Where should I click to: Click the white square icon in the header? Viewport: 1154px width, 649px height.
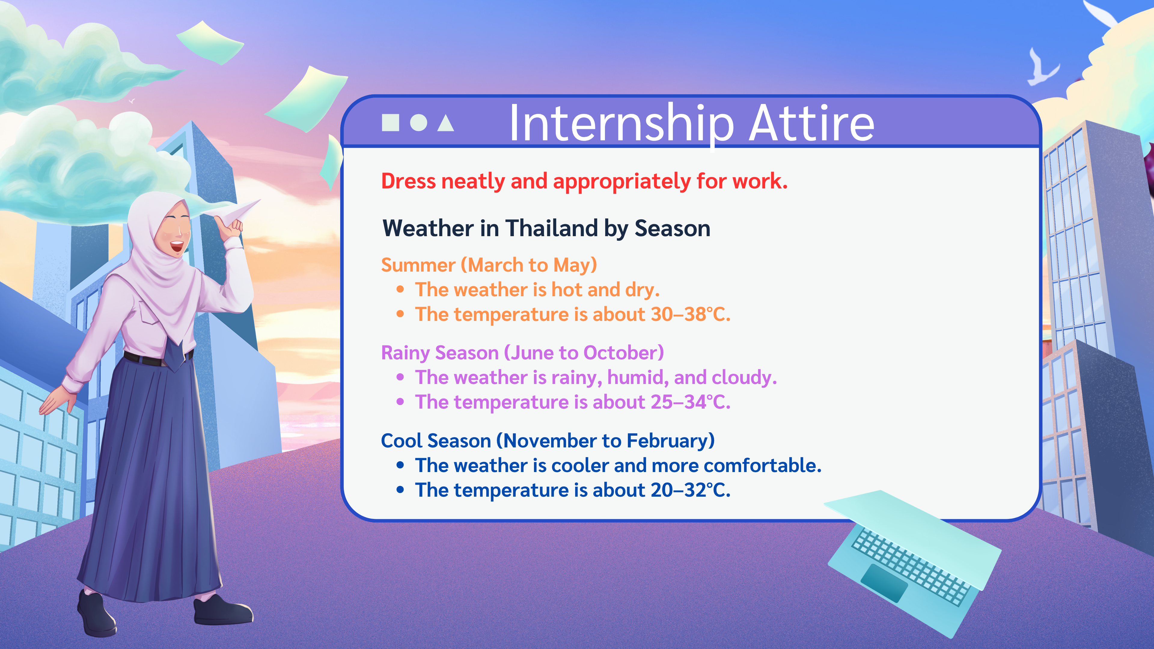[x=390, y=122]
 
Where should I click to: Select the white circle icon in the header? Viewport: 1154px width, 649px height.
[x=418, y=122]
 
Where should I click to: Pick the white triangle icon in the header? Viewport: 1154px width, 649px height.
[x=446, y=123]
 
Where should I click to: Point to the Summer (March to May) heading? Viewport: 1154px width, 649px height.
[x=489, y=265]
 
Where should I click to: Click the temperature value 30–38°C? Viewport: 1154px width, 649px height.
[x=690, y=314]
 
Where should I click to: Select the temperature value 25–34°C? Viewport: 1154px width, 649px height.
[x=690, y=402]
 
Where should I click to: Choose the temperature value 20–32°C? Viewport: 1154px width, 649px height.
[x=690, y=490]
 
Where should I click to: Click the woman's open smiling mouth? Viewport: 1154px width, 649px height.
[x=176, y=246]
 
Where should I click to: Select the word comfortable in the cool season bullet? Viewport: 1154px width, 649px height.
[x=762, y=465]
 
